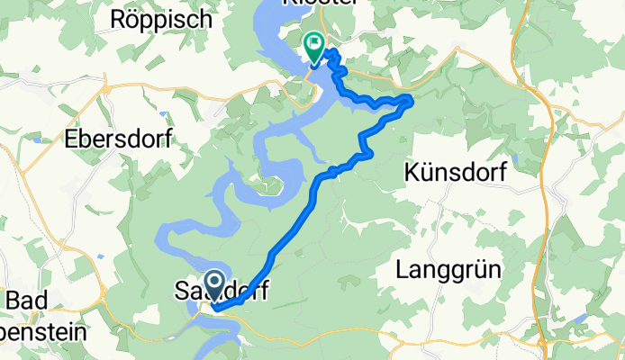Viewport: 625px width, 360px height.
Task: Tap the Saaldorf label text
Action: (220, 290)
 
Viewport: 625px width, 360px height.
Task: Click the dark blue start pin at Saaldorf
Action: (215, 284)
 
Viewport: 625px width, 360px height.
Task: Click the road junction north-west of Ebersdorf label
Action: (106, 89)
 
